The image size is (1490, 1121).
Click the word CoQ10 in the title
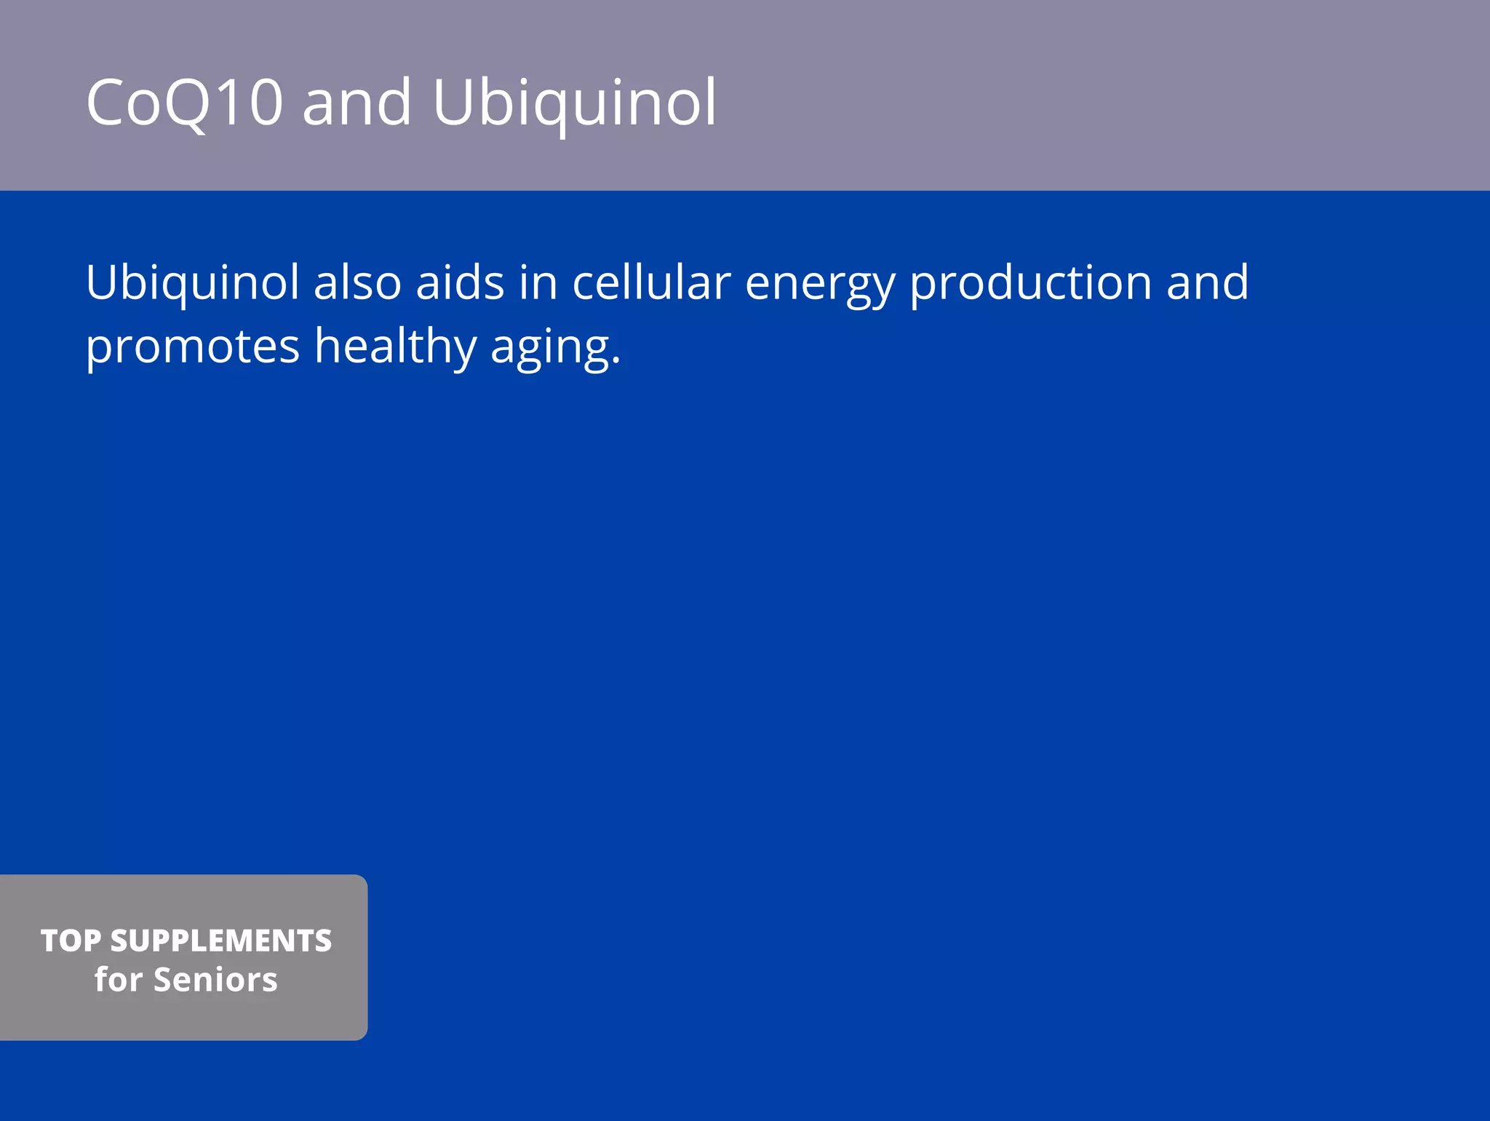[184, 103]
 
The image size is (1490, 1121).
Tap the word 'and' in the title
[356, 103]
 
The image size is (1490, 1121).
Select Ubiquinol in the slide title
[574, 103]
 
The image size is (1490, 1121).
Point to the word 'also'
[357, 282]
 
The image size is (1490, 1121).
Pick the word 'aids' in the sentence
[460, 282]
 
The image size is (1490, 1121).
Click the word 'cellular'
[651, 282]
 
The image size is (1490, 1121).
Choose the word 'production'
[1031, 282]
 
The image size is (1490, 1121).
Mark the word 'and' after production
[1207, 282]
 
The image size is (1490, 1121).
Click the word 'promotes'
[193, 346]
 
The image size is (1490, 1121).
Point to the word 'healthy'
[395, 346]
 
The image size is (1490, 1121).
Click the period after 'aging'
[616, 361]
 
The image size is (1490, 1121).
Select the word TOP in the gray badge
[71, 940]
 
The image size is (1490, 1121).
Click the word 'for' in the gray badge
[118, 980]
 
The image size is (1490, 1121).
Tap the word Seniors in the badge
[215, 980]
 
